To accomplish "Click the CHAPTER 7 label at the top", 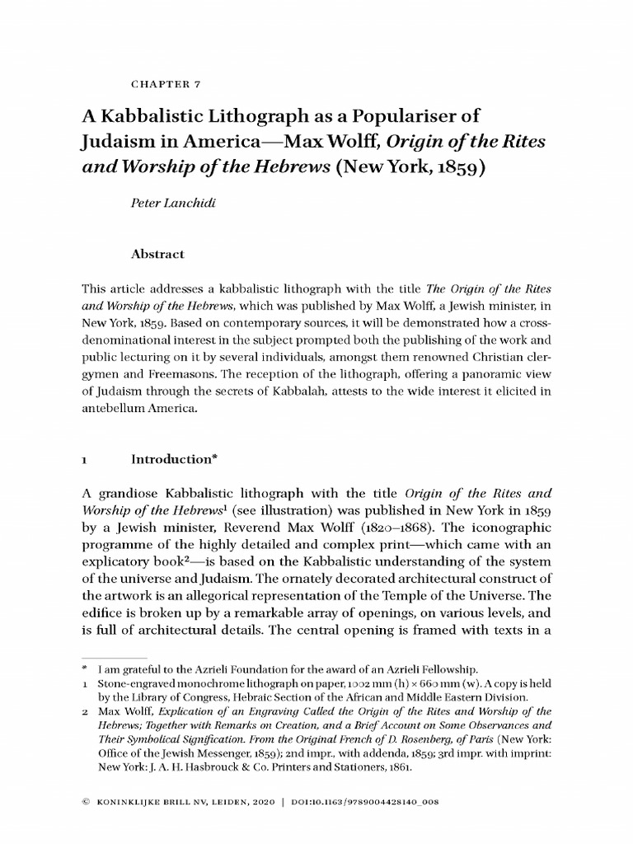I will [166, 84].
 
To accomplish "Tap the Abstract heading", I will [159, 255].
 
